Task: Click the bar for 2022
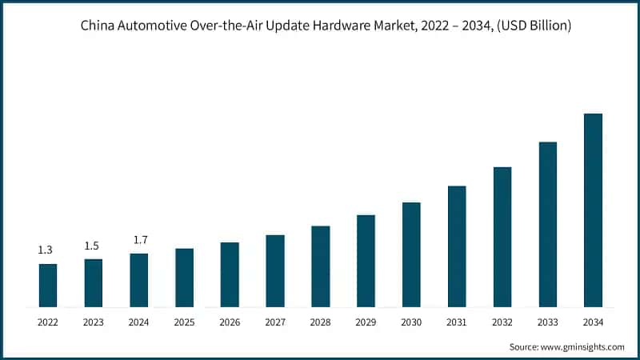pos(48,286)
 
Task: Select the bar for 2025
pos(184,278)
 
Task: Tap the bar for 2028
pos(320,266)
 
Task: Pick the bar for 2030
pos(411,254)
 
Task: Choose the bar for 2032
pos(502,237)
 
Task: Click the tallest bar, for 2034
pos(593,210)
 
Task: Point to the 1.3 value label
pos(46,250)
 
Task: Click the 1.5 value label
pos(92,246)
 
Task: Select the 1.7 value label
pos(139,240)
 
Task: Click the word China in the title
pos(98,26)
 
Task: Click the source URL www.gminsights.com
pos(584,346)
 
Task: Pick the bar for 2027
pos(275,271)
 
